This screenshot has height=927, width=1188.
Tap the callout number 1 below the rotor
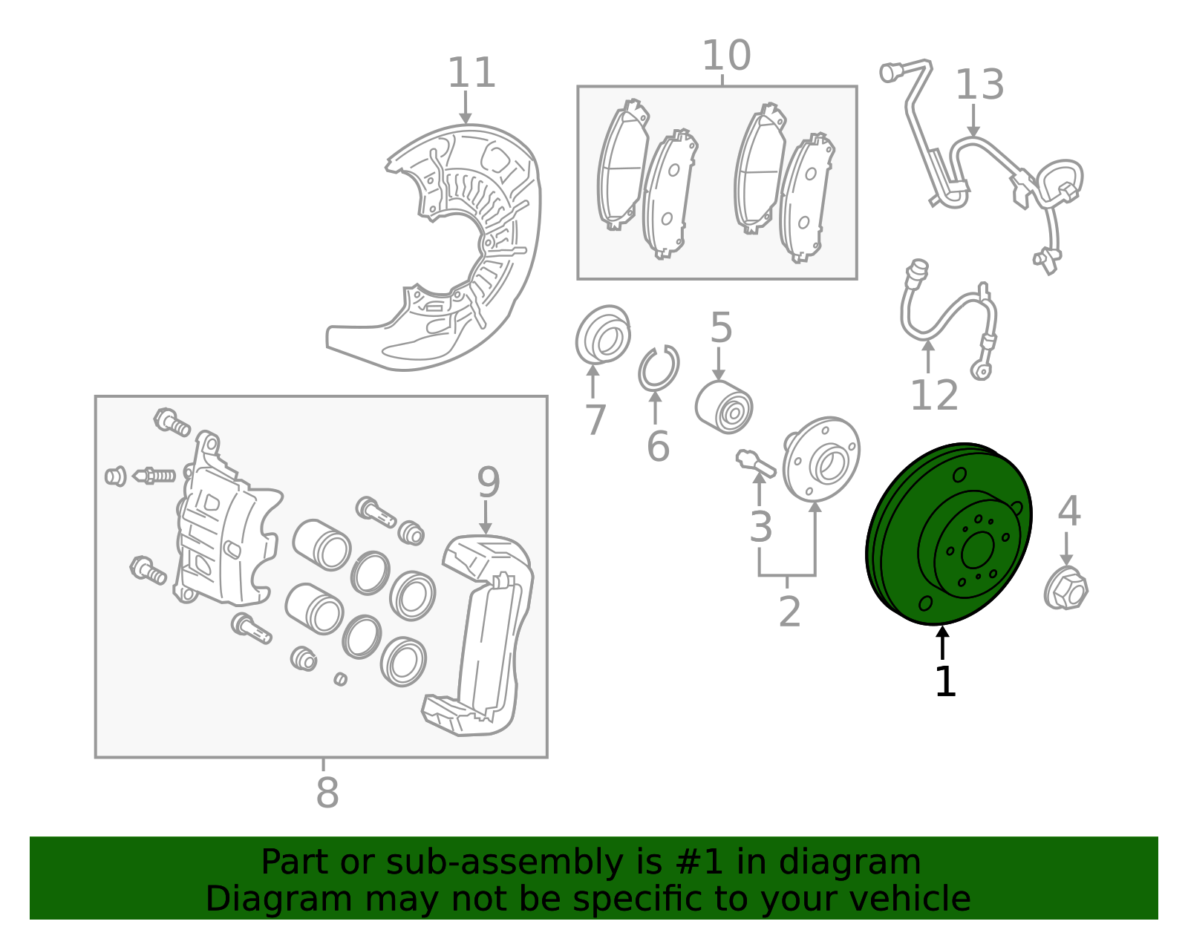(x=944, y=682)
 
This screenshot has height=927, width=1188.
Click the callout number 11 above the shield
(x=471, y=73)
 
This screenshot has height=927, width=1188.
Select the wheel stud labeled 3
(x=756, y=465)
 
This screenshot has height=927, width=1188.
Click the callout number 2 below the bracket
(x=789, y=612)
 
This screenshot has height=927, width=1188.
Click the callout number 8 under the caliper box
(x=327, y=793)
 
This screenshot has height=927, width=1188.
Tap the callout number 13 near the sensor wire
(x=979, y=85)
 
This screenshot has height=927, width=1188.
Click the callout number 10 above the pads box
(x=725, y=56)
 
